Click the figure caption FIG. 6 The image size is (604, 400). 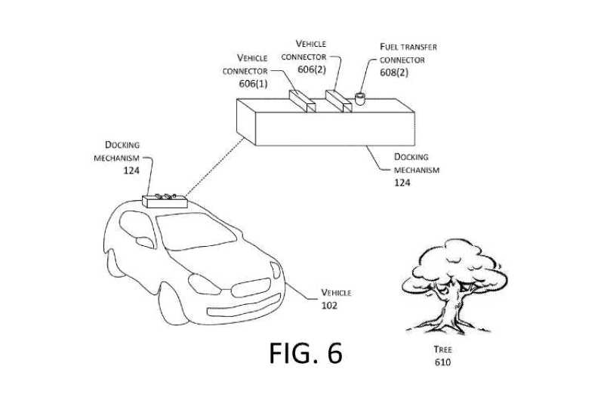[x=306, y=353]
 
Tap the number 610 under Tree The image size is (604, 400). [x=442, y=362]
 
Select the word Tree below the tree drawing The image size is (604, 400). [x=442, y=349]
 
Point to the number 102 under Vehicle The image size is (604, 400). [x=329, y=306]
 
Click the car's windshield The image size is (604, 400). [x=196, y=231]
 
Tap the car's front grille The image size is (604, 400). [x=251, y=288]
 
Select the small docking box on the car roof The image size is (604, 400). [x=165, y=201]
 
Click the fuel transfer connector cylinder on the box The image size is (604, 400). [x=359, y=99]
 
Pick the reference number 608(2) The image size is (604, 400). [x=394, y=72]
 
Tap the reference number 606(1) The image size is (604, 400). [x=253, y=84]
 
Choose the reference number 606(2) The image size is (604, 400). [x=312, y=69]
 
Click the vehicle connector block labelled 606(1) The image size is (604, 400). [x=303, y=101]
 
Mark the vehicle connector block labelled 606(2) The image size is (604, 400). [x=338, y=101]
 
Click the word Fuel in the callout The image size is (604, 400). [x=389, y=47]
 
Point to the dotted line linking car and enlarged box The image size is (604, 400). [x=214, y=168]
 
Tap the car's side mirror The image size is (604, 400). [x=145, y=242]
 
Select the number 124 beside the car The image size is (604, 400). [x=131, y=170]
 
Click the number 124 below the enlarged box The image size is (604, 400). [x=402, y=182]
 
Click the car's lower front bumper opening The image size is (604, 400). [x=244, y=306]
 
